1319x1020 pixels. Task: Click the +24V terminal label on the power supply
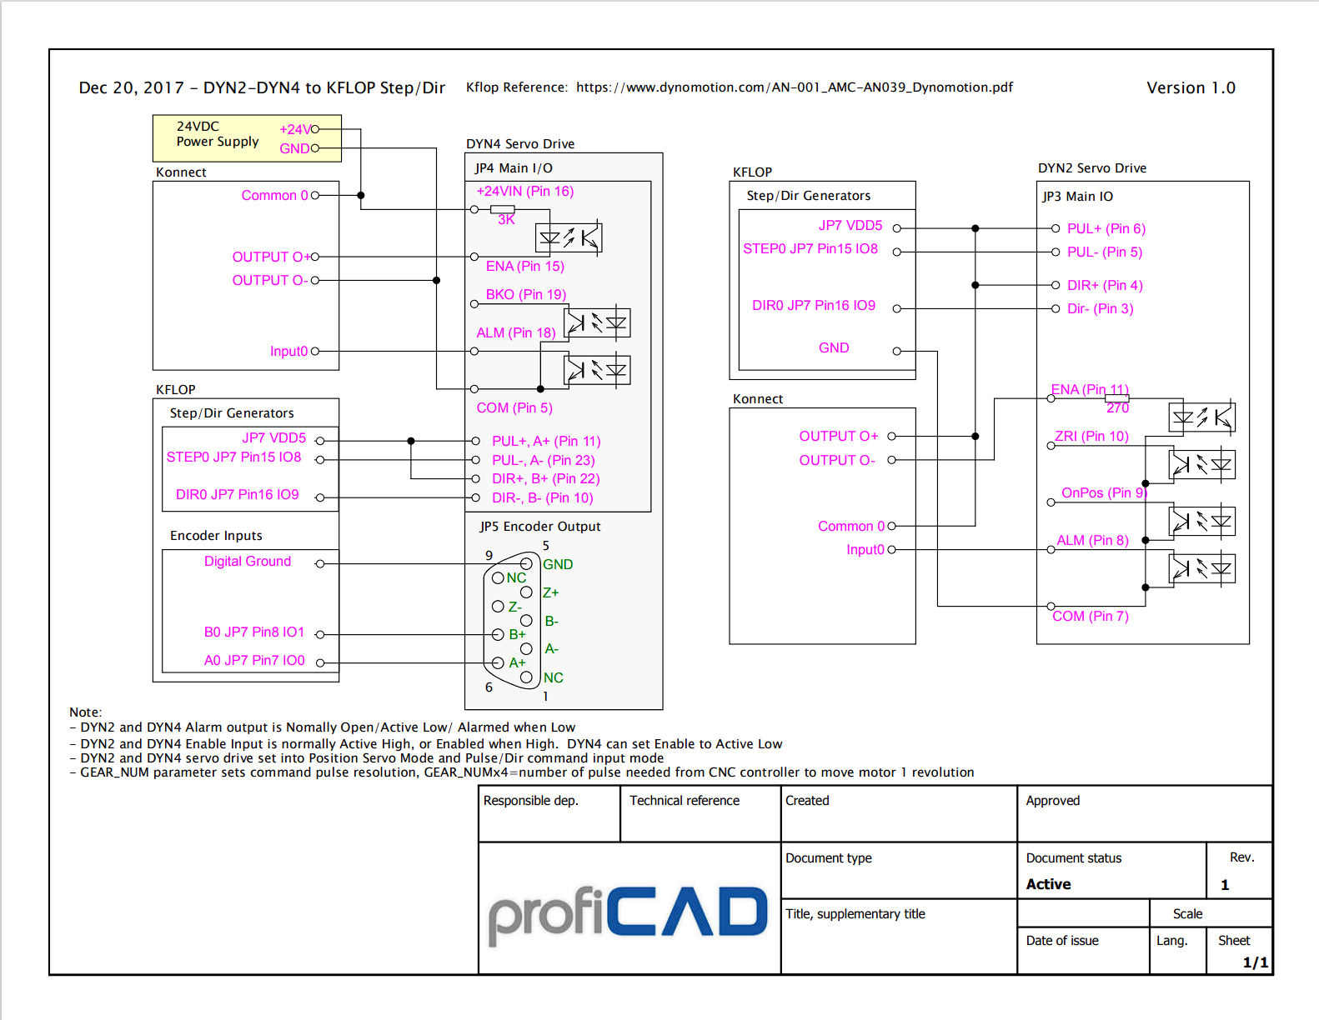[x=294, y=129]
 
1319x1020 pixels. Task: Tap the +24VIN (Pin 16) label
[x=524, y=191]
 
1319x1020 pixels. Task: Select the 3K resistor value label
[x=506, y=220]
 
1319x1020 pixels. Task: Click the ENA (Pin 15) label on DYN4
[x=524, y=266]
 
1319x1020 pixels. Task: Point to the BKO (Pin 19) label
[x=525, y=294]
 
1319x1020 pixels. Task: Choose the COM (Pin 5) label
[x=514, y=407]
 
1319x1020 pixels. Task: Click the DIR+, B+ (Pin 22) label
[x=545, y=478]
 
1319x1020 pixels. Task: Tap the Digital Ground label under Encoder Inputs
[x=248, y=561]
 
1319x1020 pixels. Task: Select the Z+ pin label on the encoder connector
[x=550, y=592]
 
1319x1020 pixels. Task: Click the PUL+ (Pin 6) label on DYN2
[x=1106, y=228]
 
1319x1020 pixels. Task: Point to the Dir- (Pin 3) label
[x=1100, y=308]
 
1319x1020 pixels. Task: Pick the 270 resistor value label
[x=1117, y=407]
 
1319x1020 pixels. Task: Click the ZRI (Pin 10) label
[x=1091, y=436]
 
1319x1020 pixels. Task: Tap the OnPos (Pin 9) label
[x=1104, y=492]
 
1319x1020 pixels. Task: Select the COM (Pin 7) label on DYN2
[x=1090, y=616]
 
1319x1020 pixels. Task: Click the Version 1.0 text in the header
[x=1191, y=87]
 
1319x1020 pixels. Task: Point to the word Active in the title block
[x=1048, y=884]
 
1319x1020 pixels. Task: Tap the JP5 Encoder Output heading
[x=539, y=526]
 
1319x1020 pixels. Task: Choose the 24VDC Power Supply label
[x=217, y=133]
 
